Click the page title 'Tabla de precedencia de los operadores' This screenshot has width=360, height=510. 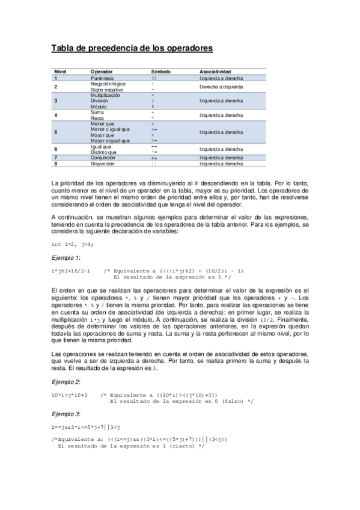pos(132,48)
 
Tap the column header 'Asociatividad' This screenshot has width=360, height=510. pos(216,72)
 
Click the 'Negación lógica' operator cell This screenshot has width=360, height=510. pos(108,84)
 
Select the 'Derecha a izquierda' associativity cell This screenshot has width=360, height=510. pos(221,87)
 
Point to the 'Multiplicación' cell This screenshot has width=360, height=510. pos(105,96)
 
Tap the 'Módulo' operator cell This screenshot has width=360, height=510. pos(99,106)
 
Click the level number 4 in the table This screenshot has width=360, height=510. pos(56,115)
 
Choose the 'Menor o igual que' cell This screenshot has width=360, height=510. pos(110,129)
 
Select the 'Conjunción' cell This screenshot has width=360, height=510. pos(103,158)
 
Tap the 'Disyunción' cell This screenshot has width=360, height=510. pos(103,163)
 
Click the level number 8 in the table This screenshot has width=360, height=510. pos(56,163)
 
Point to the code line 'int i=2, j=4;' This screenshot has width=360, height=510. pos(73,245)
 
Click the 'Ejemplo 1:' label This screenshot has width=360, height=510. pos(65,257)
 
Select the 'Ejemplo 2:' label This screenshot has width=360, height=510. pos(66,382)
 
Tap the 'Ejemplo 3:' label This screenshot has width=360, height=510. pos(66,414)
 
